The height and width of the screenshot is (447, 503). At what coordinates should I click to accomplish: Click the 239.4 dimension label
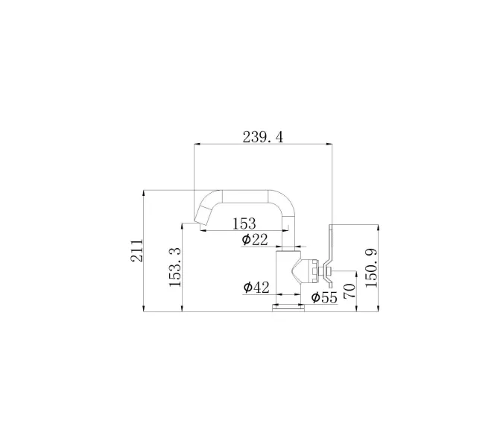pos(263,137)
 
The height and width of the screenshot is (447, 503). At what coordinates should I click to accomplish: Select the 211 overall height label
pos(136,250)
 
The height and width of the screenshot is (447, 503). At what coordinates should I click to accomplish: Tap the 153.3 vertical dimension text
pos(175,267)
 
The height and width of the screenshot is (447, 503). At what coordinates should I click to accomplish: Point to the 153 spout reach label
pos(244,223)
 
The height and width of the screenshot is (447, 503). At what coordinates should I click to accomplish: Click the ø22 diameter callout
pos(255,240)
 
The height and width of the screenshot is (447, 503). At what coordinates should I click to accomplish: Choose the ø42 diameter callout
pos(256,288)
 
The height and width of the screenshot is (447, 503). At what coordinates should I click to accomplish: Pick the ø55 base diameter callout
pos(324,297)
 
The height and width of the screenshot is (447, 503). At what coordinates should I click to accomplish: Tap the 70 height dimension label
pos(349,291)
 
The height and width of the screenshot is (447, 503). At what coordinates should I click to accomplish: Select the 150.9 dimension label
pos(372,268)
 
